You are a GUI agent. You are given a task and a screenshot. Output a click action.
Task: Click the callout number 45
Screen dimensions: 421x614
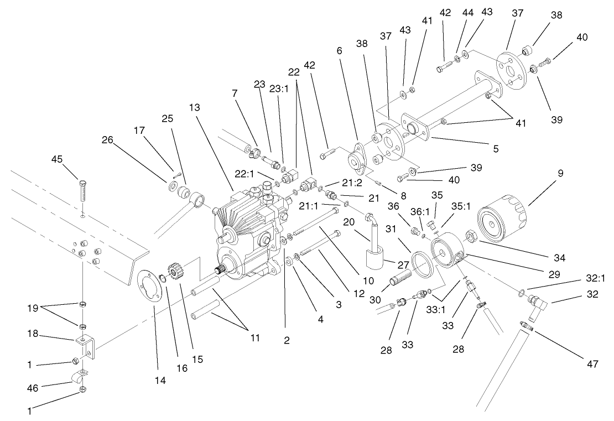click(56, 159)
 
